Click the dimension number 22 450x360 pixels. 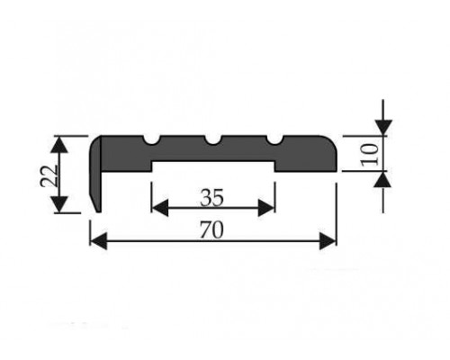point(49,175)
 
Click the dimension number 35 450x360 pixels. point(212,198)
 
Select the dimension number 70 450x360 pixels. point(212,229)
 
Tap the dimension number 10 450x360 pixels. point(369,154)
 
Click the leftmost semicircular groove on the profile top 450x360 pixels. point(151,140)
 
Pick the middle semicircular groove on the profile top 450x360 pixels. point(213,140)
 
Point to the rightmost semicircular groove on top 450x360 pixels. point(274,140)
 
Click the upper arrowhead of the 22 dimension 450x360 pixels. point(60,146)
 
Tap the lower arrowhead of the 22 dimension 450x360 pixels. point(60,204)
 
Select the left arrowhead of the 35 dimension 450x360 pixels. point(159,208)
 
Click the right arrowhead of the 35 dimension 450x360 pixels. point(266,208)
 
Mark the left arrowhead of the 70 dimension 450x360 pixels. point(98,241)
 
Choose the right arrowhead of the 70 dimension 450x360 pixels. point(328,241)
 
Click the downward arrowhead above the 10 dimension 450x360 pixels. point(383,128)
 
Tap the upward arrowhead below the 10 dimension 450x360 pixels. point(383,179)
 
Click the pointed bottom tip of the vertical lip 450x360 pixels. point(98,211)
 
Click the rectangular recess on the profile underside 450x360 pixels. point(213,166)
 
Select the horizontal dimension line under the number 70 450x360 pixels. point(213,241)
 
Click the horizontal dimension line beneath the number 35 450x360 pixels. point(213,208)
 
